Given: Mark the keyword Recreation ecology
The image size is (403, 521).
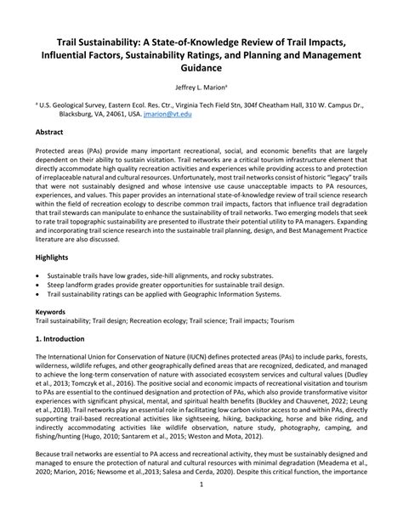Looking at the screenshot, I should click(x=168, y=321).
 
